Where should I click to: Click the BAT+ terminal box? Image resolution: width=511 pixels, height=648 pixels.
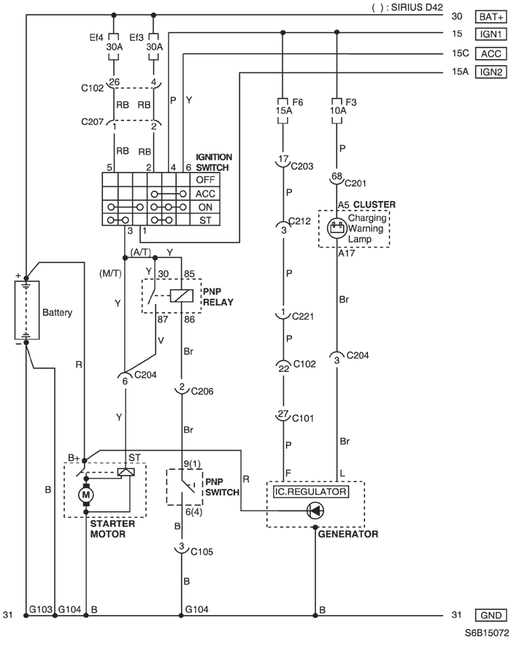(491, 17)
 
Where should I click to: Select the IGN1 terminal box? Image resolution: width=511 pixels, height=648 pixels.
(491, 34)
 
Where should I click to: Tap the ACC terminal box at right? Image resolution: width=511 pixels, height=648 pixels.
(491, 54)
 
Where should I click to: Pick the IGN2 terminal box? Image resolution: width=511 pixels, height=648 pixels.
(491, 72)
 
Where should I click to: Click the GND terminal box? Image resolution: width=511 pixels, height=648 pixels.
(491, 615)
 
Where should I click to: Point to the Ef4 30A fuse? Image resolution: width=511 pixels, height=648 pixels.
(114, 47)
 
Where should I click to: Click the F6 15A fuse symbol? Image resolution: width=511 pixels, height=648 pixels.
(283, 111)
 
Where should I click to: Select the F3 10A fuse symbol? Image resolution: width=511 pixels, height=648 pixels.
(337, 111)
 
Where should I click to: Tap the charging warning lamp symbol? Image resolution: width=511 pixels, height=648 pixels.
(337, 228)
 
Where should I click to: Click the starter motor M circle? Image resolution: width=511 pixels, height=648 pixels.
(86, 495)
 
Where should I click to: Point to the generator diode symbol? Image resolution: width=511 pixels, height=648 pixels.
(315, 511)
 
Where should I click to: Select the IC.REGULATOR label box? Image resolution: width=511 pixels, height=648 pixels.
(311, 492)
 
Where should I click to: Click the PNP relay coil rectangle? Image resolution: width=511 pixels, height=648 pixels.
(182, 295)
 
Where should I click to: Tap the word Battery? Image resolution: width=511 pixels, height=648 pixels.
(57, 313)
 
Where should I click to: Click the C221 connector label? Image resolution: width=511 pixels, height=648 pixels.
(303, 316)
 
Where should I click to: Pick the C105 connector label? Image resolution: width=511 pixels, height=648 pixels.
(201, 552)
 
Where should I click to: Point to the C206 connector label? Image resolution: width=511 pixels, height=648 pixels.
(202, 392)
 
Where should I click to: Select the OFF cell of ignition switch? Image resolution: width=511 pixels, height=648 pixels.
(205, 180)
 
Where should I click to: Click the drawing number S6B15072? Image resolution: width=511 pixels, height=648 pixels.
(487, 633)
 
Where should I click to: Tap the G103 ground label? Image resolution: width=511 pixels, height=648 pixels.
(40, 609)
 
